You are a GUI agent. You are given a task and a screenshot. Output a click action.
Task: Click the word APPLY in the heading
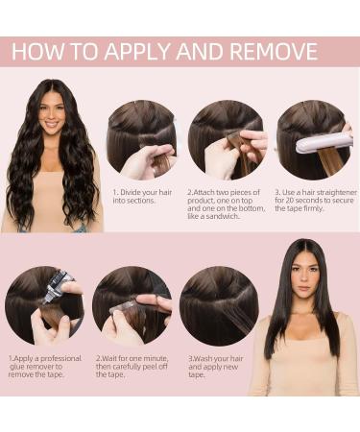(x=137, y=51)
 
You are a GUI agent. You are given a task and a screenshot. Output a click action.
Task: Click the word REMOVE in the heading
(x=273, y=51)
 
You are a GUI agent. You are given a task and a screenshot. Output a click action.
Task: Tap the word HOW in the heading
(x=37, y=51)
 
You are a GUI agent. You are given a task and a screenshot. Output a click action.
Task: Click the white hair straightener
(x=324, y=143)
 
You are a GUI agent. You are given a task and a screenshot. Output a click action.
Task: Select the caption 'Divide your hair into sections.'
(x=142, y=197)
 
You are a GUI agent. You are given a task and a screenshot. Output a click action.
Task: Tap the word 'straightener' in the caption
(x=337, y=192)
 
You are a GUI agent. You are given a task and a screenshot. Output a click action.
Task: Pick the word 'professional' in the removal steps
(x=60, y=358)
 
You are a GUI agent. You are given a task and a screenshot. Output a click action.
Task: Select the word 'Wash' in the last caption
(x=204, y=358)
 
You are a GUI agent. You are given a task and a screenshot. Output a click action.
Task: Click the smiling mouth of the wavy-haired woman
(x=51, y=124)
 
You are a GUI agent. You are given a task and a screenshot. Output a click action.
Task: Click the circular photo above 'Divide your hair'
(x=141, y=139)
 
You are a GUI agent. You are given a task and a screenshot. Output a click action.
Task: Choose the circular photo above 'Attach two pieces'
(x=228, y=139)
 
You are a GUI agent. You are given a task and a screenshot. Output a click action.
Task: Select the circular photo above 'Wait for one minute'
(x=132, y=305)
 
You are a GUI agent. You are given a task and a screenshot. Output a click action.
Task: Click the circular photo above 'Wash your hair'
(x=219, y=306)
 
